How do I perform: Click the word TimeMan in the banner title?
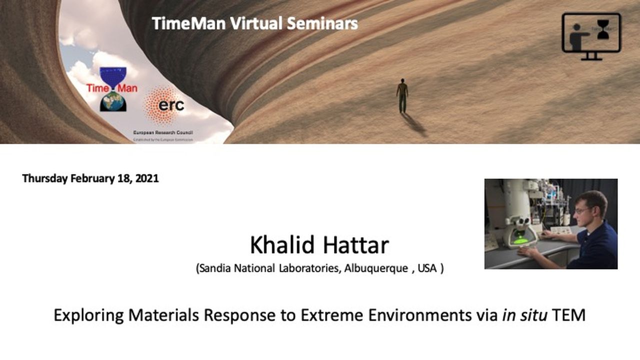[189, 23]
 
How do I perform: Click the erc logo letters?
[171, 105]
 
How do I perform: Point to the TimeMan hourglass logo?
[113, 89]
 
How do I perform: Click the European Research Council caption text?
[162, 133]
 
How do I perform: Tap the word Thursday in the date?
[44, 178]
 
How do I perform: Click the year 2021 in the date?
[146, 178]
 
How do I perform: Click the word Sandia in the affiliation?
[215, 268]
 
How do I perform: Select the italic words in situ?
[525, 315]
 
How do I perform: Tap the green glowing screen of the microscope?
[521, 241]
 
